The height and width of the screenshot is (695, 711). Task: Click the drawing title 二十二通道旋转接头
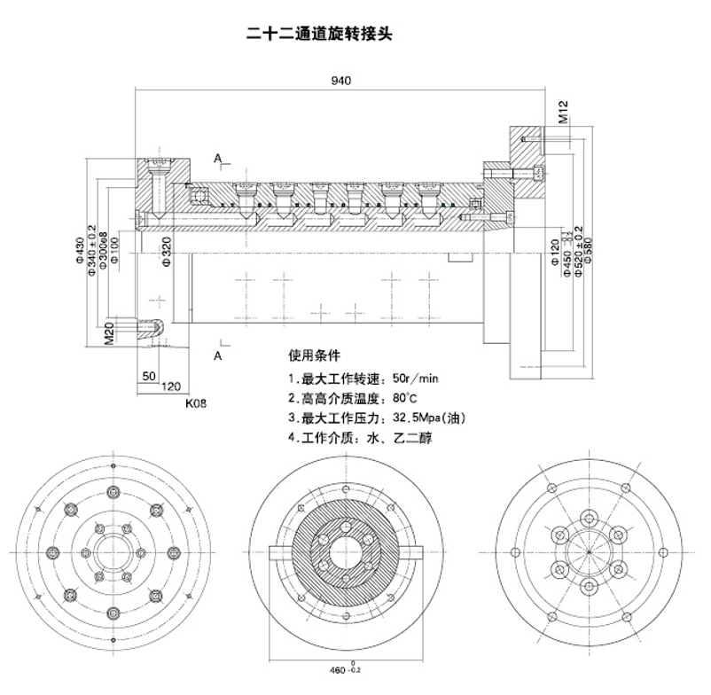318,35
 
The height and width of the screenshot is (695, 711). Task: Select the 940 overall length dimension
341,80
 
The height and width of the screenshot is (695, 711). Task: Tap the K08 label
196,402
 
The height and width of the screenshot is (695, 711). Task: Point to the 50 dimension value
147,375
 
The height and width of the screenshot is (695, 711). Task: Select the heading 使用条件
314,356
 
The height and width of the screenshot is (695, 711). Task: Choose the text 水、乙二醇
404,437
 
